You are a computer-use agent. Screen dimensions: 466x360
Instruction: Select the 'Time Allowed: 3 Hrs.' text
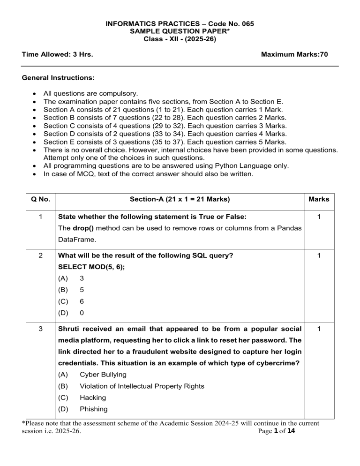tap(57, 54)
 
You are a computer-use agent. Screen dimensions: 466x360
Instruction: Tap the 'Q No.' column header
tap(39, 199)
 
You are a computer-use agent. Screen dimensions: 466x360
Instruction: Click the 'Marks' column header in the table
tap(319, 199)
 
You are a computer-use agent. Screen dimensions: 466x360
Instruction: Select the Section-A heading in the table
tap(180, 199)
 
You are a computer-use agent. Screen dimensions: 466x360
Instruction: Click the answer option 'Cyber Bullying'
tap(102, 375)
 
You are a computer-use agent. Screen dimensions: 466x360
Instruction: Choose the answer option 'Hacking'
tap(93, 398)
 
